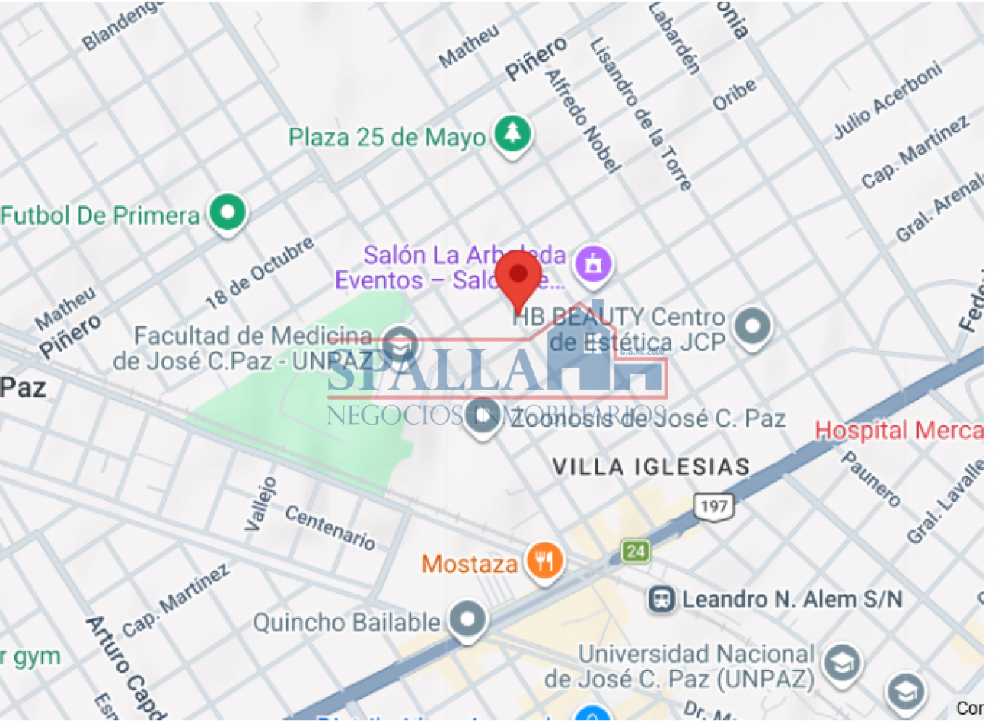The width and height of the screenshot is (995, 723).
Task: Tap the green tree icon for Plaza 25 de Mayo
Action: (x=512, y=135)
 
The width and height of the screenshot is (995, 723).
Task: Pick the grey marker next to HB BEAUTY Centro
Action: (x=752, y=328)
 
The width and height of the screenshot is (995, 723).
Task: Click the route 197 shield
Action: (x=713, y=506)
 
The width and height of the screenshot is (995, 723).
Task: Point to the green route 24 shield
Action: (x=636, y=550)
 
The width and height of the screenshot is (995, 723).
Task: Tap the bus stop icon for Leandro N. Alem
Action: (x=662, y=600)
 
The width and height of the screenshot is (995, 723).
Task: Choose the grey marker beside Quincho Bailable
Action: (x=467, y=620)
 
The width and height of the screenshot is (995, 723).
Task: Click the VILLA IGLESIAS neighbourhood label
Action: (x=651, y=467)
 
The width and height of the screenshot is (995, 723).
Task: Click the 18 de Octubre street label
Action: (x=259, y=273)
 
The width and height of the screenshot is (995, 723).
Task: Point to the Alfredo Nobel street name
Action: (x=582, y=120)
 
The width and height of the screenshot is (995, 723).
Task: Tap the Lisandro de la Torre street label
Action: (x=641, y=114)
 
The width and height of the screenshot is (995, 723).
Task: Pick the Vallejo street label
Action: (x=260, y=504)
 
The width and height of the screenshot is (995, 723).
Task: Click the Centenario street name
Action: (x=330, y=527)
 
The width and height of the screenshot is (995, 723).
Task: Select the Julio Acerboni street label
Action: (x=887, y=100)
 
